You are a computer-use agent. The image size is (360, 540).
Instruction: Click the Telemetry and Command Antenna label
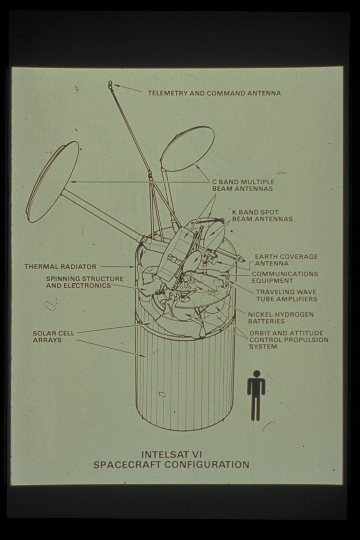pyautogui.click(x=214, y=93)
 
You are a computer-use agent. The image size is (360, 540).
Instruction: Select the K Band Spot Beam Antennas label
pyautogui.click(x=262, y=215)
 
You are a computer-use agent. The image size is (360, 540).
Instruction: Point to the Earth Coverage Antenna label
pyautogui.click(x=286, y=260)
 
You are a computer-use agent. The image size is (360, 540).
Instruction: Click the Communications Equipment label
pyautogui.click(x=285, y=277)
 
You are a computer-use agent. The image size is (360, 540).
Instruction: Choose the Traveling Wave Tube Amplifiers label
pyautogui.click(x=287, y=296)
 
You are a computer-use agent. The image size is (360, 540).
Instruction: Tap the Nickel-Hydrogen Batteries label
pyautogui.click(x=281, y=318)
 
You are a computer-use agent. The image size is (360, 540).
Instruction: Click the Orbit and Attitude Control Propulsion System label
pyautogui.click(x=289, y=340)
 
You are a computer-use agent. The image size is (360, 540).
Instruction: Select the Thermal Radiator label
pyautogui.click(x=61, y=267)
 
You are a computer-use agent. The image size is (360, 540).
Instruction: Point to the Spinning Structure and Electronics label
pyautogui.click(x=85, y=282)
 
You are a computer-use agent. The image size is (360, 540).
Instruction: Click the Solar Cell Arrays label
pyautogui.click(x=54, y=336)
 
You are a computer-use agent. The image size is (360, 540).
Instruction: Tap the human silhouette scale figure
pyautogui.click(x=256, y=395)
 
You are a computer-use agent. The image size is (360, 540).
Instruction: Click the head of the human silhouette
pyautogui.click(x=256, y=374)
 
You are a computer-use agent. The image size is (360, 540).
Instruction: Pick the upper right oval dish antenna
pyautogui.click(x=187, y=149)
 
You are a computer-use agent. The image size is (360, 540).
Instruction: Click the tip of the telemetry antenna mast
pyautogui.click(x=110, y=82)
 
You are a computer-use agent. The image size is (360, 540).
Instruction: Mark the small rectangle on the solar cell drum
pyautogui.click(x=162, y=393)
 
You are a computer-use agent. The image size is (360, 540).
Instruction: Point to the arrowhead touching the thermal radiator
pyautogui.click(x=132, y=267)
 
